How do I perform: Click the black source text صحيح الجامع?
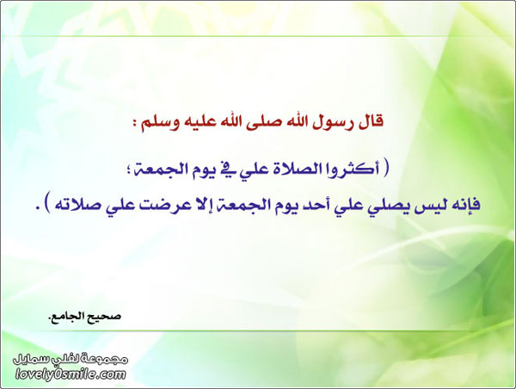pos(85,316)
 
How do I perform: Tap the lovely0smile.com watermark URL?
pos(71,374)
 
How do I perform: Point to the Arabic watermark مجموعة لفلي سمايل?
pos(71,359)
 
